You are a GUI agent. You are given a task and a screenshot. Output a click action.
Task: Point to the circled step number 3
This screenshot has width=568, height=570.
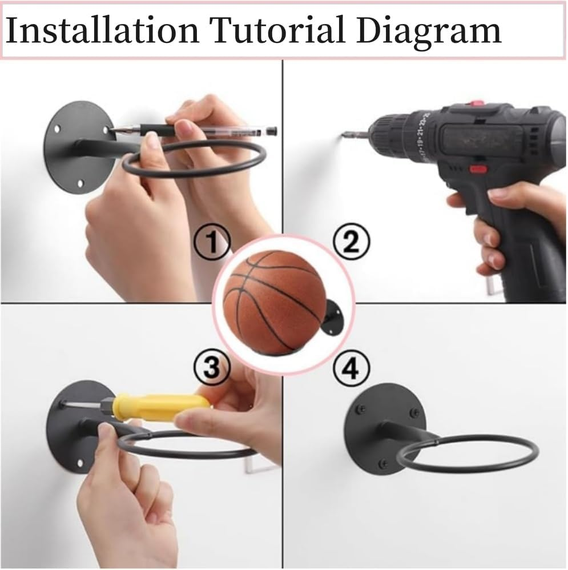coord(212,368)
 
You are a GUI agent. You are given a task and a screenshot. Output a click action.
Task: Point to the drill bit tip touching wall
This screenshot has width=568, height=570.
coord(345,135)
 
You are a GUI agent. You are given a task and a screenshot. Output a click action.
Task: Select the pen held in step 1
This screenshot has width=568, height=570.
coord(194,131)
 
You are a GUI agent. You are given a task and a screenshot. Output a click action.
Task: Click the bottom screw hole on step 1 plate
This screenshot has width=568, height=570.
coord(79,183)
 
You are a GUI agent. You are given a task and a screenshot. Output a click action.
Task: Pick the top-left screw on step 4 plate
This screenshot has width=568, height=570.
coord(361,409)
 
